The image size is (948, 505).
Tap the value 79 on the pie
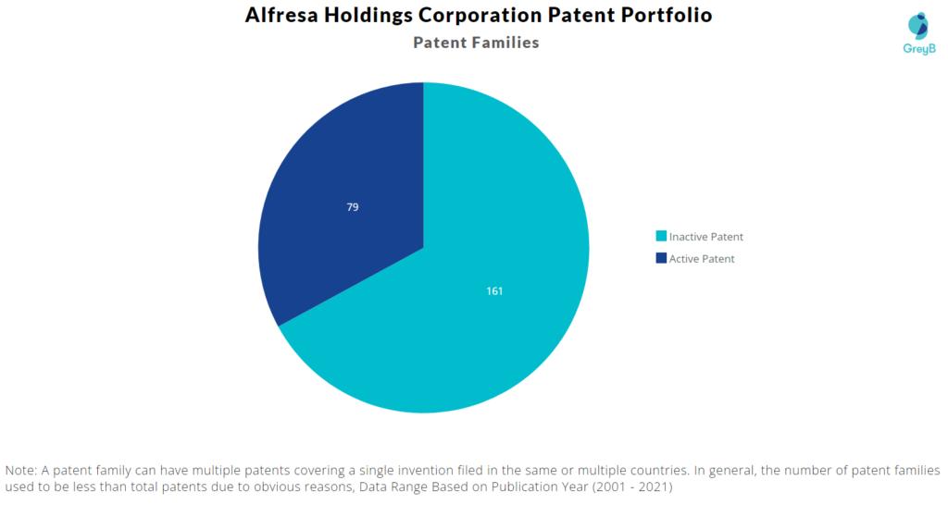coord(353,207)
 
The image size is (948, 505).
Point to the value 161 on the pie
coord(494,291)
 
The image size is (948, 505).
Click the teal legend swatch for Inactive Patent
coord(661,237)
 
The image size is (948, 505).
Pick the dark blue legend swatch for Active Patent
coord(661,259)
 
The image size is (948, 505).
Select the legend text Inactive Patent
coord(706,237)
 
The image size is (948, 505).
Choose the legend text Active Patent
coord(702,259)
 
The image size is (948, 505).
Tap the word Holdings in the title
coord(372,16)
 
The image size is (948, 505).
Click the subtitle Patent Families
coord(476,43)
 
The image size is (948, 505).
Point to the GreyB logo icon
coord(917,25)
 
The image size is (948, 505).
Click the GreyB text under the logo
coord(918,48)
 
